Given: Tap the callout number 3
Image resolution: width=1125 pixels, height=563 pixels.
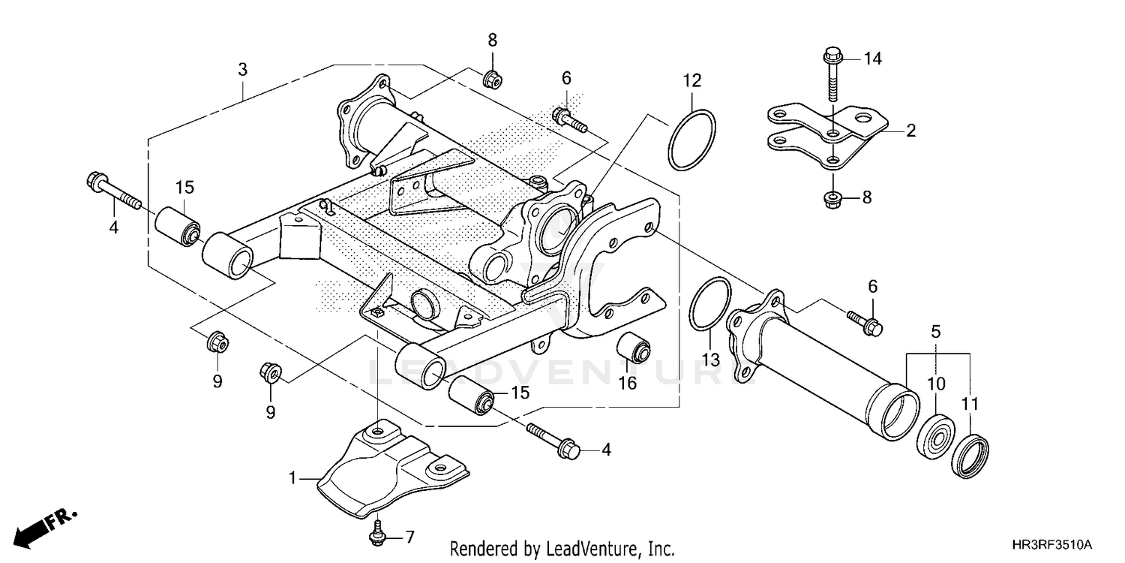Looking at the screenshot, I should pos(242,71).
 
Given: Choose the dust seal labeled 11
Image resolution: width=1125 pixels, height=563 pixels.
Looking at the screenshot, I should pos(970,455).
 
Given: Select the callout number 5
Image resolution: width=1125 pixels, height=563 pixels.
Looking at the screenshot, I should pos(936,331).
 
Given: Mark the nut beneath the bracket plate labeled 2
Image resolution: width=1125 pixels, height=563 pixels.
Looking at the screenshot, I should pos(833,199).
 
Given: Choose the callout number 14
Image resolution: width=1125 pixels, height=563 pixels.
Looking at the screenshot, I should pos(871,57).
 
